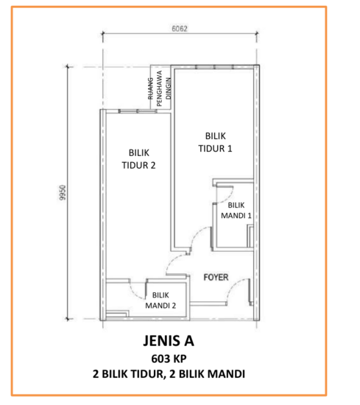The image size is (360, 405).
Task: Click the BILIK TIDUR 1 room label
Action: [x=216, y=141]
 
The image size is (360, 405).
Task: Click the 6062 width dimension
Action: [x=180, y=30]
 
